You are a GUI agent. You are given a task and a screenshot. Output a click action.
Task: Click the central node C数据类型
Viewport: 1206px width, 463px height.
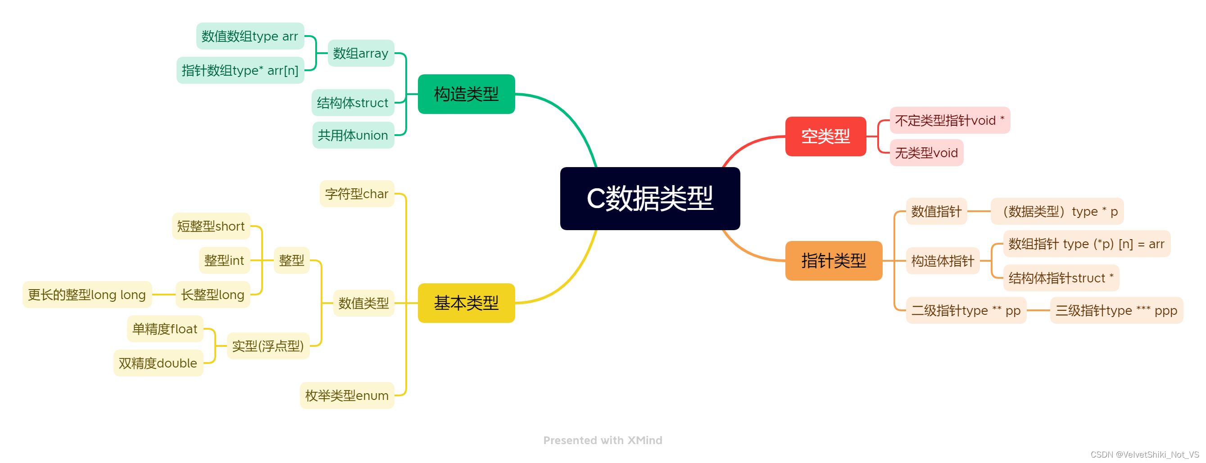(x=650, y=199)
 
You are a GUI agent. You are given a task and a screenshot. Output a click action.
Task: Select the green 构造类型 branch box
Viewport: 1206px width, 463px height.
(x=466, y=94)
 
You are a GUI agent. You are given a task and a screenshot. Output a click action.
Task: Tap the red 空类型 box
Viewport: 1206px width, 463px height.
(x=825, y=136)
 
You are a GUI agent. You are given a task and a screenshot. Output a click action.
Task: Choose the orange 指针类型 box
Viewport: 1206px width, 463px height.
(x=833, y=261)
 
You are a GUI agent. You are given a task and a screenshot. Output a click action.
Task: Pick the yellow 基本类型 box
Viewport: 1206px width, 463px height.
(x=466, y=303)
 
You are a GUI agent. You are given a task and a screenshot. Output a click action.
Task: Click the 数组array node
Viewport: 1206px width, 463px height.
(x=360, y=53)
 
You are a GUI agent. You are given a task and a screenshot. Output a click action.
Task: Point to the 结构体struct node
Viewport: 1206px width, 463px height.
(x=353, y=103)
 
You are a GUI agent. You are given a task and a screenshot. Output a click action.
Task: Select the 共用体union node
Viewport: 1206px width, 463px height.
(x=353, y=135)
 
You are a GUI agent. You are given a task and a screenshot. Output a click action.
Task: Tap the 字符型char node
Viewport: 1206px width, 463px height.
(x=357, y=194)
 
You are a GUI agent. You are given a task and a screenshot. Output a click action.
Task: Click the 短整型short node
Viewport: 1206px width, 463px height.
(x=211, y=226)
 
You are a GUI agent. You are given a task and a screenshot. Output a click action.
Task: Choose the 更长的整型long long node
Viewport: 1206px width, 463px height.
(x=87, y=295)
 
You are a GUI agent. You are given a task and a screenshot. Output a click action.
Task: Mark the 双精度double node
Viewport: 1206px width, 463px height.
(x=158, y=363)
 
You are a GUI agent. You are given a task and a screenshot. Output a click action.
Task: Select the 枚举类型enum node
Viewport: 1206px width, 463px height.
(x=347, y=395)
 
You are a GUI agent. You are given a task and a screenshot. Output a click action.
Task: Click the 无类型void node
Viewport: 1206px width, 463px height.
(x=926, y=153)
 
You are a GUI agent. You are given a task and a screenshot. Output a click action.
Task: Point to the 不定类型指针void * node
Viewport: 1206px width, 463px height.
(x=949, y=120)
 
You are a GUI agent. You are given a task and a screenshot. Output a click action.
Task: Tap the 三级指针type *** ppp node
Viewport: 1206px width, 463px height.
(x=1116, y=310)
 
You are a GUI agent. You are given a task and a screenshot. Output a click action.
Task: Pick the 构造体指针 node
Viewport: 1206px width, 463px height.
(x=943, y=261)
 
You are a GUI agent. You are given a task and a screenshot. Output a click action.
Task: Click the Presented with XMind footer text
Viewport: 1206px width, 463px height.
(x=603, y=440)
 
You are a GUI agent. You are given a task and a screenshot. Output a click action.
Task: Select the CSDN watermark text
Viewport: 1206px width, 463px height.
(x=1145, y=454)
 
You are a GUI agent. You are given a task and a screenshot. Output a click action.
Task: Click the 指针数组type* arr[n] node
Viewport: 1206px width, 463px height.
(x=240, y=70)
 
